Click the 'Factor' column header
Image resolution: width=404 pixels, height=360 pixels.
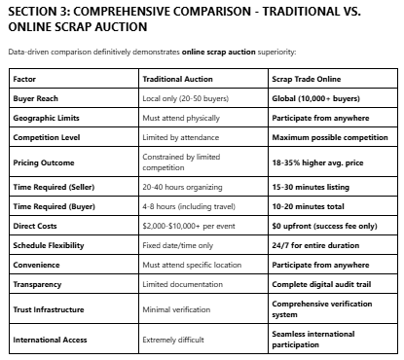pos(25,78)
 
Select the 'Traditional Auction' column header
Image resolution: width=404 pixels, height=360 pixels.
pos(178,78)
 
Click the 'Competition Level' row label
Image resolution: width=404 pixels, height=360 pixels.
pos(48,138)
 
